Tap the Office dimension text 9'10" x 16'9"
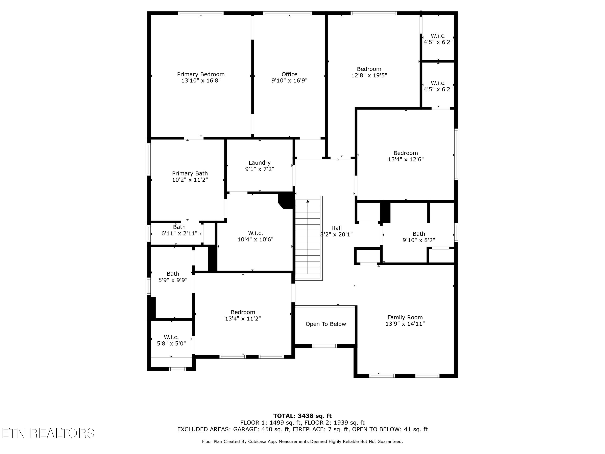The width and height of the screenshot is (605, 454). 289,81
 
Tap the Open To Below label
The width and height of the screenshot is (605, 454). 326,324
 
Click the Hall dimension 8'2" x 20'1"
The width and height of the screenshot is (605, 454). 336,234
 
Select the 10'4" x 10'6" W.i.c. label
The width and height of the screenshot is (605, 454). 256,236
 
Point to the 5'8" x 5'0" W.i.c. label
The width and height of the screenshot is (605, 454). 171,340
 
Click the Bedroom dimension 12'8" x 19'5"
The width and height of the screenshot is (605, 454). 369,75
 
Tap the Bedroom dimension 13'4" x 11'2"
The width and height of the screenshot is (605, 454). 243,319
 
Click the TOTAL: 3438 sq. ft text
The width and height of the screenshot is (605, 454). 302,416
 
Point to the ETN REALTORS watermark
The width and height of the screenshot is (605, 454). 48,433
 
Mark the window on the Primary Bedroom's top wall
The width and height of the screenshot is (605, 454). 201,13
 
